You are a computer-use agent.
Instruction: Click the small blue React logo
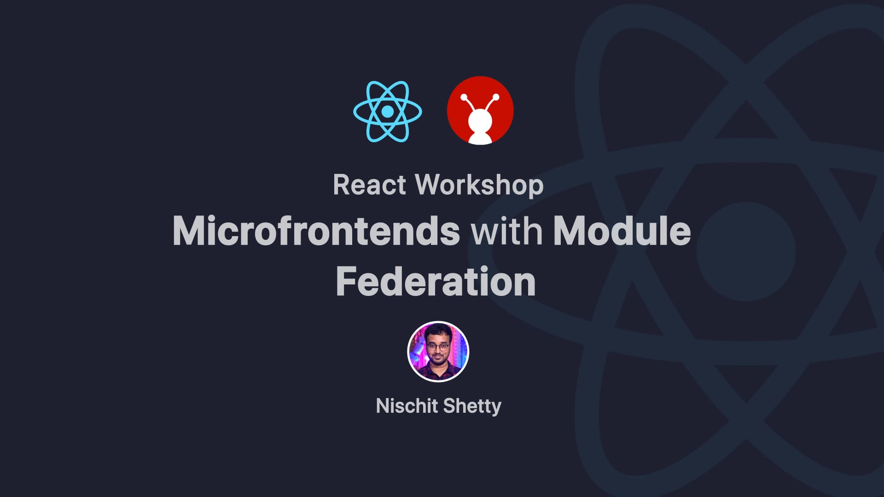[x=388, y=111]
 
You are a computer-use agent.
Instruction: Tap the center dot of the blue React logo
[x=388, y=111]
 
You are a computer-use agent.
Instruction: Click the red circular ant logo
[x=480, y=110]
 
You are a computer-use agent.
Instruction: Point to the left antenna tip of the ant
[x=464, y=97]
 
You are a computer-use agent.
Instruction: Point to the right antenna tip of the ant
[x=496, y=97]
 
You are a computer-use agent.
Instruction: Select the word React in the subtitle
[x=370, y=185]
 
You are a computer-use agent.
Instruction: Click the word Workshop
[x=479, y=185]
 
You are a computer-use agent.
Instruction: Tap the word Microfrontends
[x=316, y=231]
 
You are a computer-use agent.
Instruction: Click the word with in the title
[x=506, y=231]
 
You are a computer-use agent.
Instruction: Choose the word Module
[x=622, y=231]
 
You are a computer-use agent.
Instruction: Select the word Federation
[x=436, y=281]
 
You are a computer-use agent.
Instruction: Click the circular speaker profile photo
[x=438, y=352]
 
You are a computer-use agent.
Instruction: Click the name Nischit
[x=407, y=406]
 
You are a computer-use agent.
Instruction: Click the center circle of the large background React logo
[x=746, y=252]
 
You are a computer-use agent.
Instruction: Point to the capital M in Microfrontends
[x=189, y=231]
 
